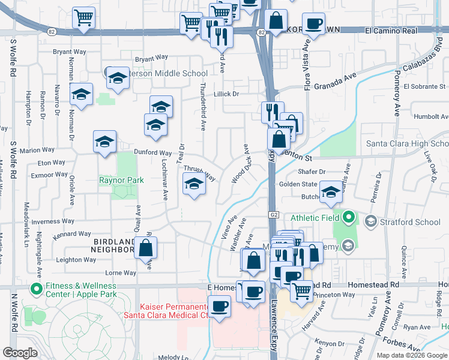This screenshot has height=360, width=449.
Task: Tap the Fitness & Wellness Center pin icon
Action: point(36,289)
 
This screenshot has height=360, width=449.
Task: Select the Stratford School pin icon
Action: point(371,222)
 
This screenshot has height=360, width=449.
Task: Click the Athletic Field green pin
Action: point(347,217)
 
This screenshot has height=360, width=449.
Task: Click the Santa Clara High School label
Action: point(407,144)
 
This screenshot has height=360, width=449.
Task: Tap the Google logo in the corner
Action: point(20,353)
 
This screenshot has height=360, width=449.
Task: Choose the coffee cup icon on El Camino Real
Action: point(313,24)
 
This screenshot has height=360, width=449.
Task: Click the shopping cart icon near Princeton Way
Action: point(302,291)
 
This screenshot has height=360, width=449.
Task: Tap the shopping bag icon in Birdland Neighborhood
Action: point(145,247)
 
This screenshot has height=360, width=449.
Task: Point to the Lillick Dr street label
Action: point(228,94)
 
